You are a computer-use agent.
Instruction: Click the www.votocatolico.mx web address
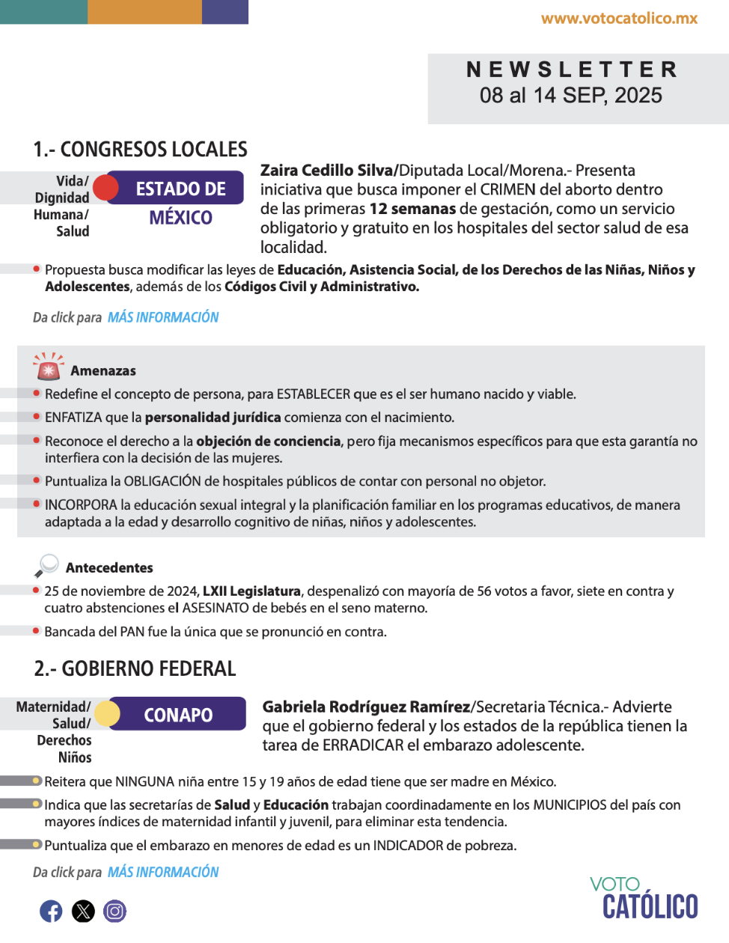tap(619, 19)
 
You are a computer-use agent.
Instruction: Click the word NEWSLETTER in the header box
tap(572, 70)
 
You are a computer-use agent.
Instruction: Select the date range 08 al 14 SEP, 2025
tap(571, 96)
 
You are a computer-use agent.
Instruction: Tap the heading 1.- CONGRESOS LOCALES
tap(141, 150)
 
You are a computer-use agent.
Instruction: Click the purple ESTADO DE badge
tap(180, 189)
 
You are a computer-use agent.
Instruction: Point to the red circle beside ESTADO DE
tap(106, 188)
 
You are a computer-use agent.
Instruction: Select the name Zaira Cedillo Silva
tap(326, 171)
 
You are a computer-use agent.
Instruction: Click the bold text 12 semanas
tap(412, 209)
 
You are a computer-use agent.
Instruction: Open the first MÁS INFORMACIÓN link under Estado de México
tap(163, 317)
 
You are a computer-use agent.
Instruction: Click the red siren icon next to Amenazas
tap(48, 367)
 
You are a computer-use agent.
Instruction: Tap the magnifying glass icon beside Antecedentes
tap(47, 565)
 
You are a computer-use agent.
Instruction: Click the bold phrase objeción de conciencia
tap(268, 442)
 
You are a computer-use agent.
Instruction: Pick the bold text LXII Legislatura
tap(251, 591)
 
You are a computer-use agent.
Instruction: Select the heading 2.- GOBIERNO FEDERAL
tap(135, 668)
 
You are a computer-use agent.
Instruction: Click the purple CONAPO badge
tap(178, 715)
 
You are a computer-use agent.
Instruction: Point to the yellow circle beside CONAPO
tap(108, 714)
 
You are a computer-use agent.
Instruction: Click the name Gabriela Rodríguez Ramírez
tap(366, 707)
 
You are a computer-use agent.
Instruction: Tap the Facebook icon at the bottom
tap(51, 911)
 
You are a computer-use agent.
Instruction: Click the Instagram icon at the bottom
tap(115, 911)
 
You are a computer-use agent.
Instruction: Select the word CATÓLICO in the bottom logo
tap(650, 907)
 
